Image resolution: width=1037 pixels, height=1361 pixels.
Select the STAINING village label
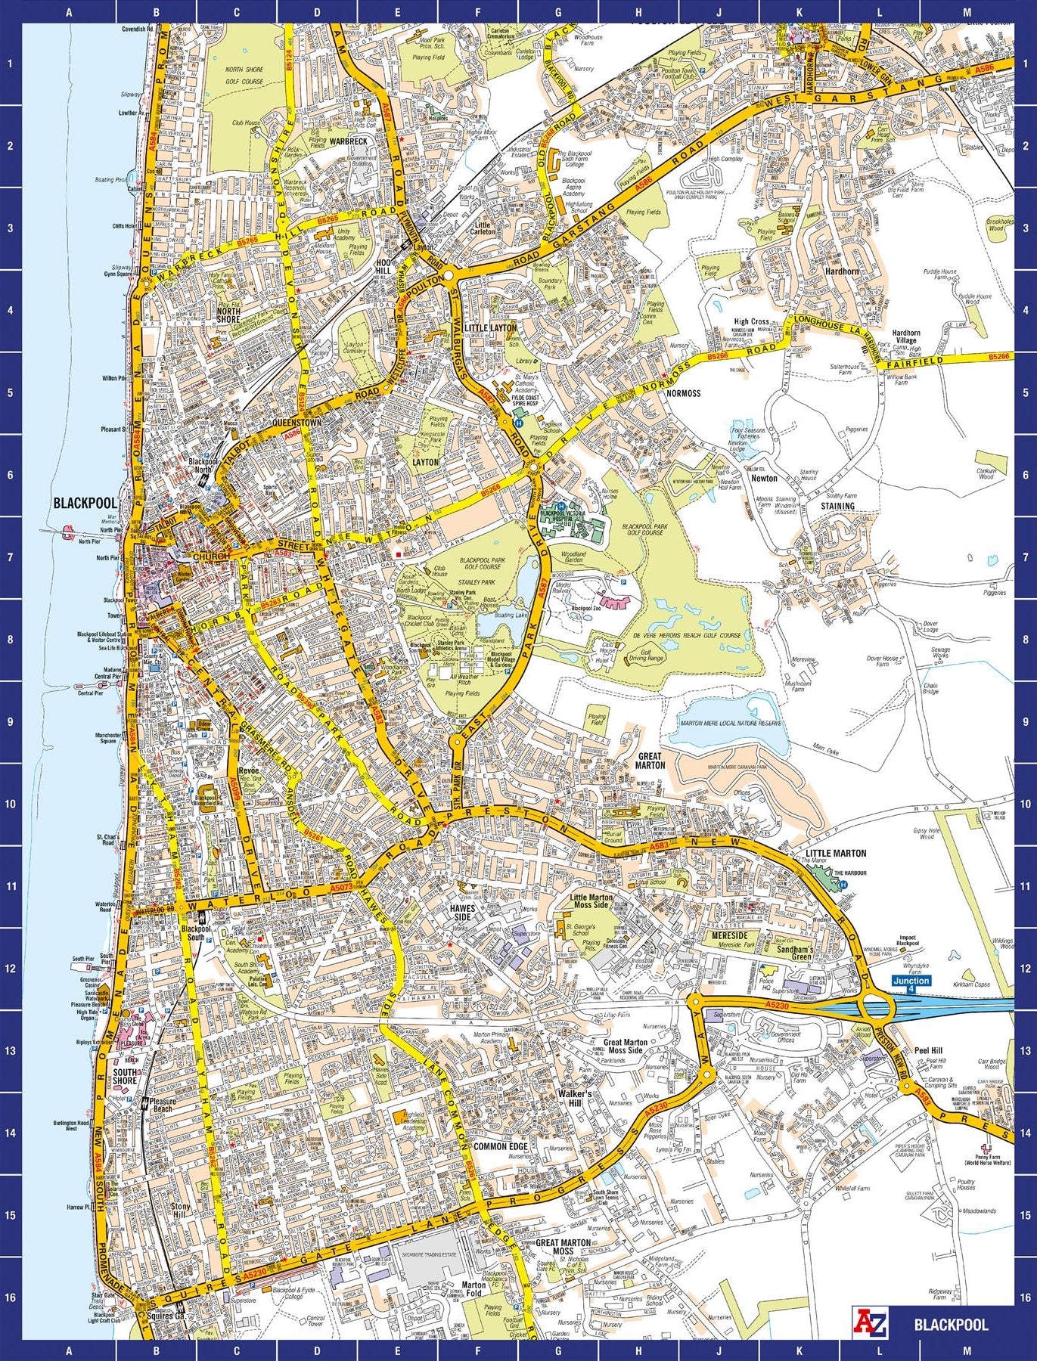click(837, 506)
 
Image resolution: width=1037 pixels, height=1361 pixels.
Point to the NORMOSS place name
click(683, 393)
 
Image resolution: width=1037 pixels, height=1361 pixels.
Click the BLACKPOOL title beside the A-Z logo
click(951, 1325)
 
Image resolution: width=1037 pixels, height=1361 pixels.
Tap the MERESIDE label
click(729, 935)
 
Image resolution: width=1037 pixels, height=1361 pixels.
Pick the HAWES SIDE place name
click(462, 913)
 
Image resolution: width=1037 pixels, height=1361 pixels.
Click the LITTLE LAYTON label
click(490, 328)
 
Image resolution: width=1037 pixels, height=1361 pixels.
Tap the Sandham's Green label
click(794, 953)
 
